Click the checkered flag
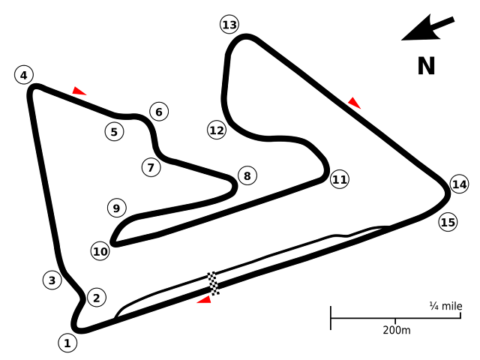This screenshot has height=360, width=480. click(214, 283)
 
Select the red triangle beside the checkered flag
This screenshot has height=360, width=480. click(205, 301)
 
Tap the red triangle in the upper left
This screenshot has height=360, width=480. click(78, 91)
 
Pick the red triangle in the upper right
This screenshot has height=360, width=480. click(354, 103)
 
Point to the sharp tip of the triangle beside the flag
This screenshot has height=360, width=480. click(196, 303)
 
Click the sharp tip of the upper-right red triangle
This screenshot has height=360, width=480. click(361, 109)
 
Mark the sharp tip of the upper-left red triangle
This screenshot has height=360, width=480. click(87, 95)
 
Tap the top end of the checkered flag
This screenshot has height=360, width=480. click(211, 273)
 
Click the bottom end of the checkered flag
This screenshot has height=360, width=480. click(217, 294)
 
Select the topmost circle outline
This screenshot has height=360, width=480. click(229, 24)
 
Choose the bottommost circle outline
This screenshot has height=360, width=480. click(67, 343)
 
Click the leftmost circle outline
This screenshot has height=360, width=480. click(24, 75)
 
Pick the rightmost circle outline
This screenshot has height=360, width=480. click(459, 184)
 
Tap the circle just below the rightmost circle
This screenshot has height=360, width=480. click(448, 222)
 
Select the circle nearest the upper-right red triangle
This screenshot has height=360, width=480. click(340, 179)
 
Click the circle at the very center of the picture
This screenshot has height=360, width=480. click(247, 175)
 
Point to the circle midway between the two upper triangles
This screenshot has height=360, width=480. click(217, 130)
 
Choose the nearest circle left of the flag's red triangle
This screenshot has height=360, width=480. click(97, 298)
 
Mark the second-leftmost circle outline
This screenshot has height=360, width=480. click(52, 280)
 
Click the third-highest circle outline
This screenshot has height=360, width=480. click(159, 112)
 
